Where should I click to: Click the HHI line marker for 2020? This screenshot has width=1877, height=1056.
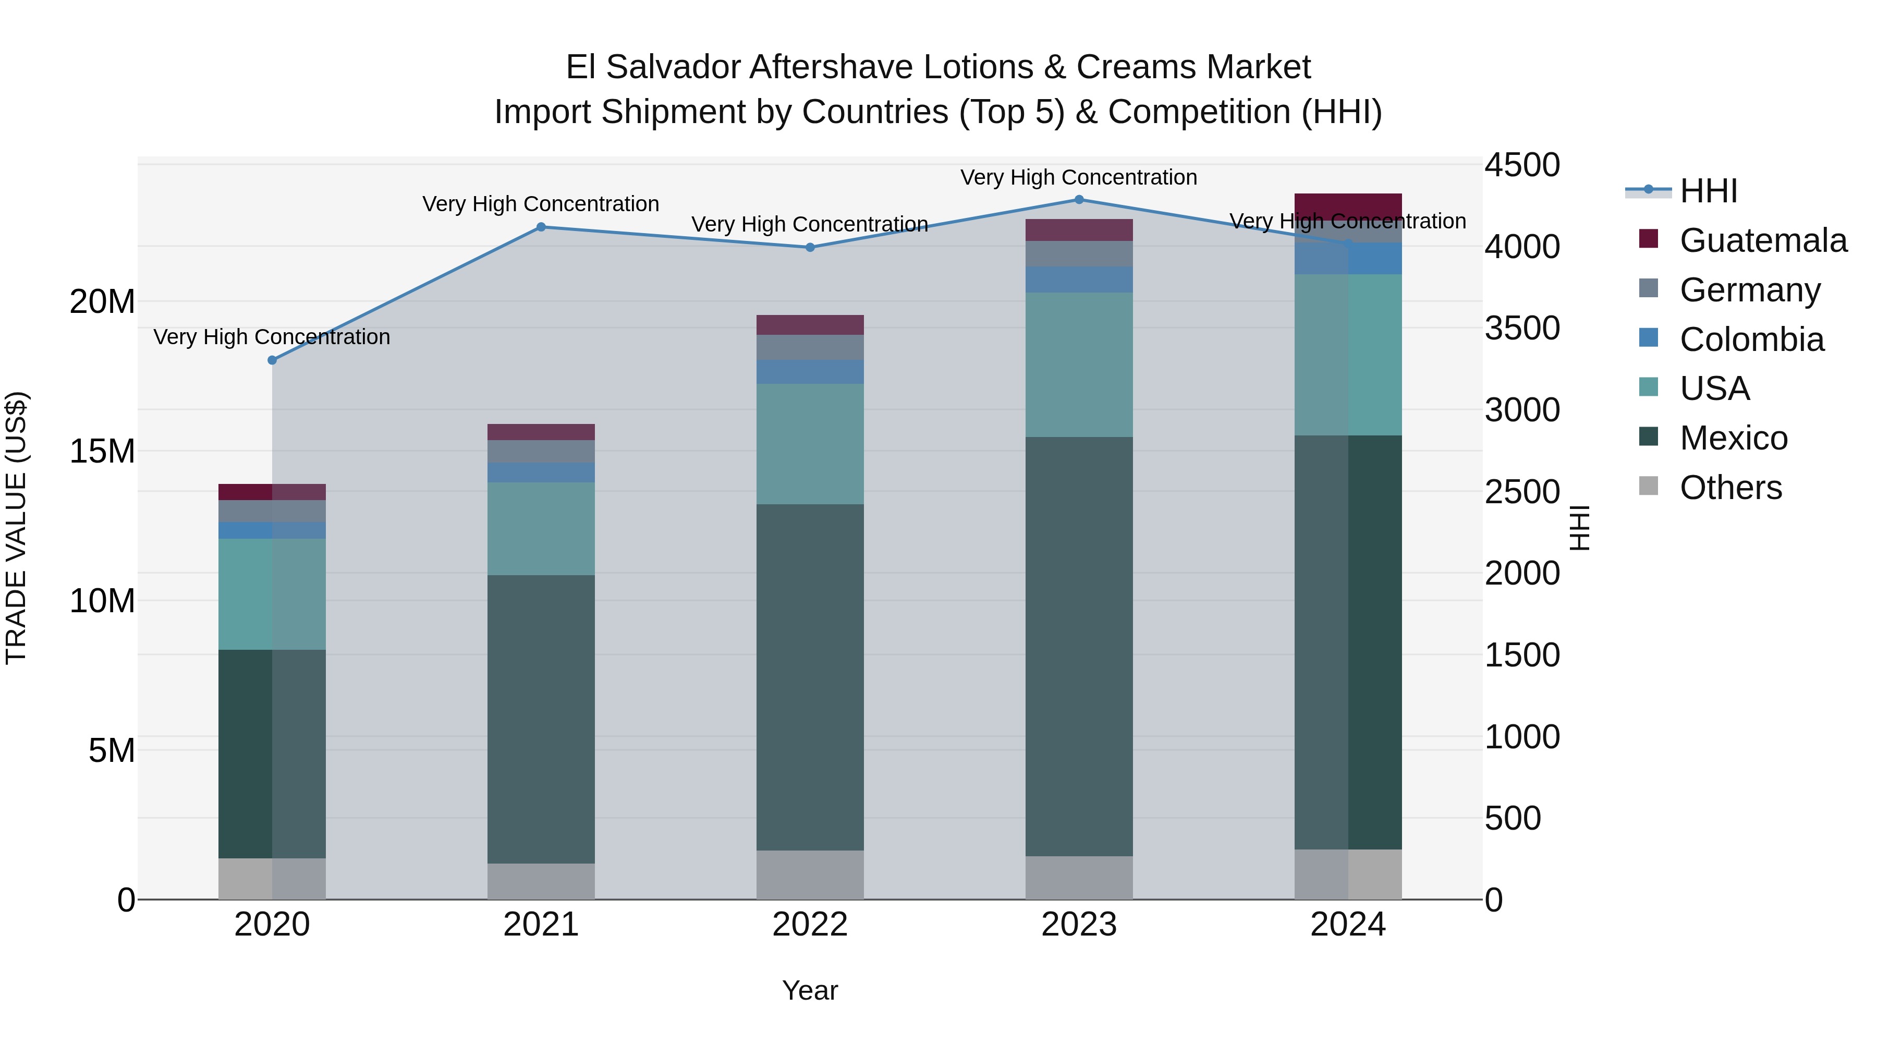click(x=273, y=360)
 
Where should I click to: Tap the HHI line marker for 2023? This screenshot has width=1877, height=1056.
click(x=1079, y=200)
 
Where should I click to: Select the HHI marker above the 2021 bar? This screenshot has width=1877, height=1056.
click(x=541, y=227)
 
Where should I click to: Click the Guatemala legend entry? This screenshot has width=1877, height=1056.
click(x=1763, y=240)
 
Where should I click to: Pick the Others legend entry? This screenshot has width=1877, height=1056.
click(x=1730, y=488)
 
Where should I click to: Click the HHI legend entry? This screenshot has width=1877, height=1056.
click(x=1708, y=191)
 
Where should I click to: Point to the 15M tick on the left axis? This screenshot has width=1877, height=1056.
click(x=102, y=451)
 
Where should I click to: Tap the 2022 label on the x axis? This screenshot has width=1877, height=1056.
click(x=810, y=925)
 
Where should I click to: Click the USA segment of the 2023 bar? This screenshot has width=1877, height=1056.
click(x=1079, y=365)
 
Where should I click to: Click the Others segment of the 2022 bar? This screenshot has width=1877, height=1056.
click(x=810, y=875)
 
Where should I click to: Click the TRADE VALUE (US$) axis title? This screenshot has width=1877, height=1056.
click(x=16, y=528)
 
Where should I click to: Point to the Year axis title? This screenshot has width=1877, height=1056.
click(x=810, y=990)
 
